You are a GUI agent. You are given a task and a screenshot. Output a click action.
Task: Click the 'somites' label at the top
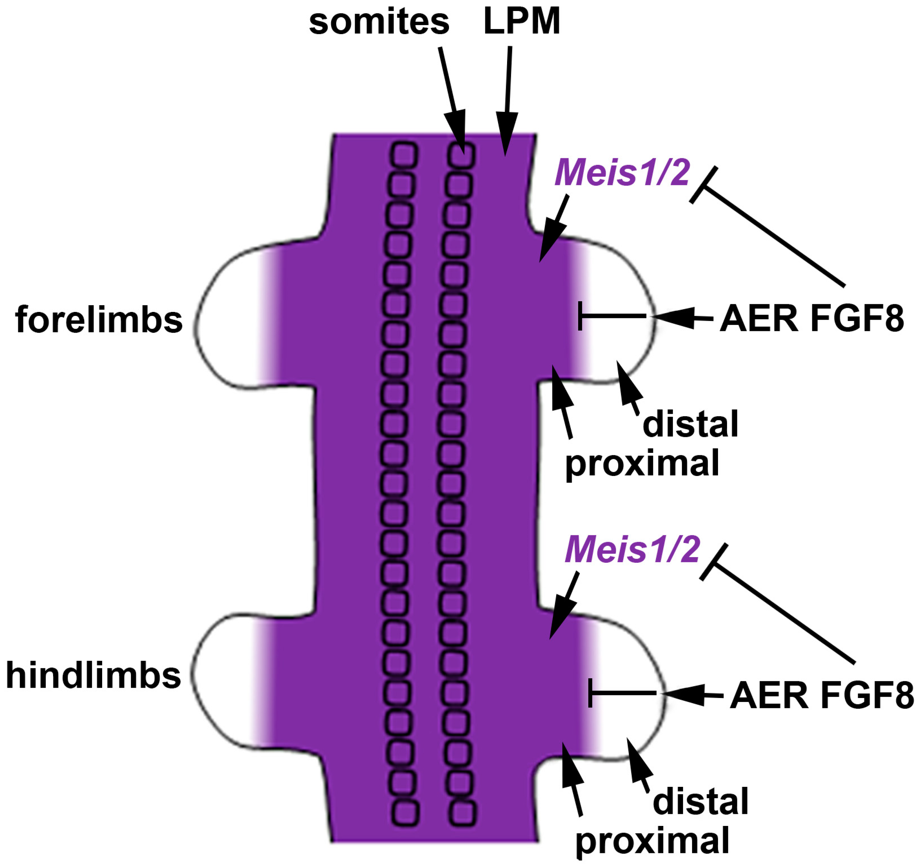[379, 22]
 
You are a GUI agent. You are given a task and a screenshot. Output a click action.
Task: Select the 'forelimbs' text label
[99, 320]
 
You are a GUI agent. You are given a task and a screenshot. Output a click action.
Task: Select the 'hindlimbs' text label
[93, 675]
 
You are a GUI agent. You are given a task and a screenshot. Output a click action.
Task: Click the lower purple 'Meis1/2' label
[632, 550]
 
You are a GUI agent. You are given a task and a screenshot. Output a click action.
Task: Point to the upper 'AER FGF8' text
[811, 319]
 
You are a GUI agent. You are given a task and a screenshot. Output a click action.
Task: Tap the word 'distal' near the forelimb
[690, 424]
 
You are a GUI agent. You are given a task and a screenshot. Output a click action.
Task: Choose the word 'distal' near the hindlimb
[700, 801]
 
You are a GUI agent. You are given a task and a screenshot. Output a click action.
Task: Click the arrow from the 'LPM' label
[508, 102]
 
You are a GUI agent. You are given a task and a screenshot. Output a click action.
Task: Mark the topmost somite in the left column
[405, 155]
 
